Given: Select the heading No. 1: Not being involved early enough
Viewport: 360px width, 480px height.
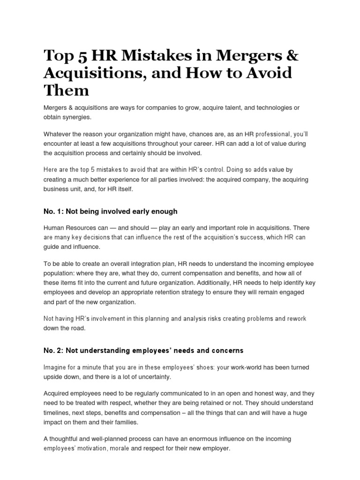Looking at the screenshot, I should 110,211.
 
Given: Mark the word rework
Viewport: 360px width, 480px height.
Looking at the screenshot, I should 295,319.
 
